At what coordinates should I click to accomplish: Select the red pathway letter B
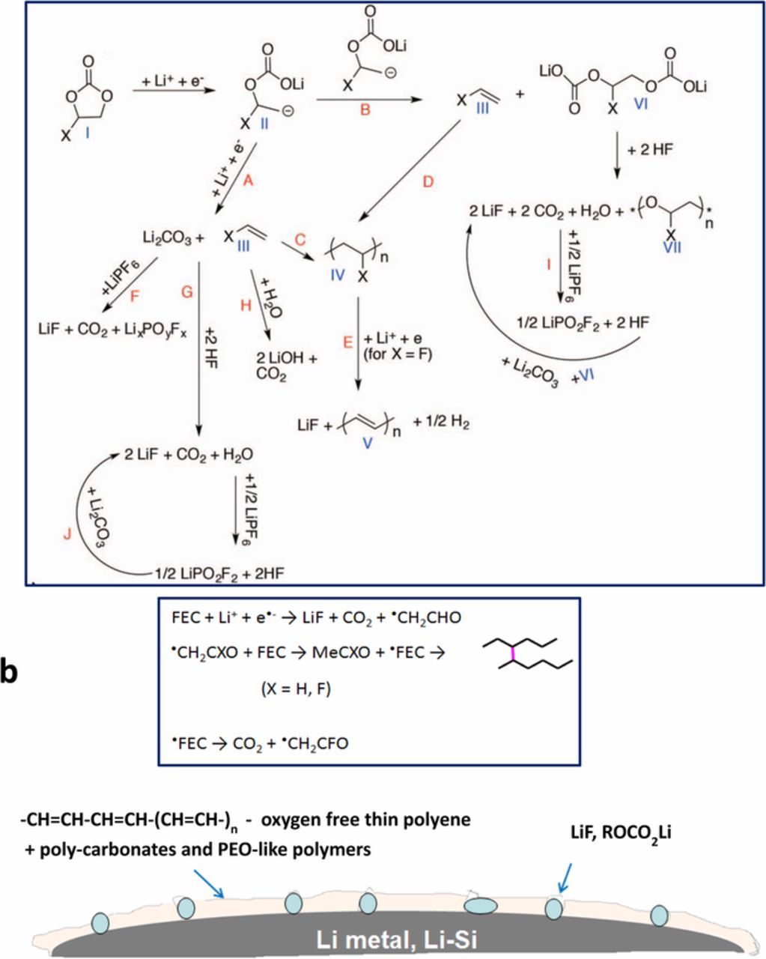point(366,110)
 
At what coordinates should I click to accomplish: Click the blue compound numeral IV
point(337,274)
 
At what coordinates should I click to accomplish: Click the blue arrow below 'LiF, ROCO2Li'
point(563,877)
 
